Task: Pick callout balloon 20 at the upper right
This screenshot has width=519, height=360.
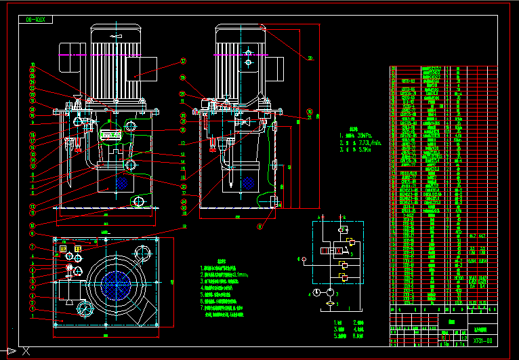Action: [x=310, y=58]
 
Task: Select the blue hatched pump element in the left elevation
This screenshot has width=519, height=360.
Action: [x=123, y=183]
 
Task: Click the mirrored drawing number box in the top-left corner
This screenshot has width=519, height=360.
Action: [x=37, y=20]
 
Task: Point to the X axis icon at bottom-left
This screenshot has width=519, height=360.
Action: [x=26, y=351]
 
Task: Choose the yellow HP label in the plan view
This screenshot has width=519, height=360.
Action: [x=64, y=249]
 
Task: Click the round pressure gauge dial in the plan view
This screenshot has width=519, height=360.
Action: [x=84, y=309]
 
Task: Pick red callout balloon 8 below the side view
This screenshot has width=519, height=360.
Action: [x=259, y=227]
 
